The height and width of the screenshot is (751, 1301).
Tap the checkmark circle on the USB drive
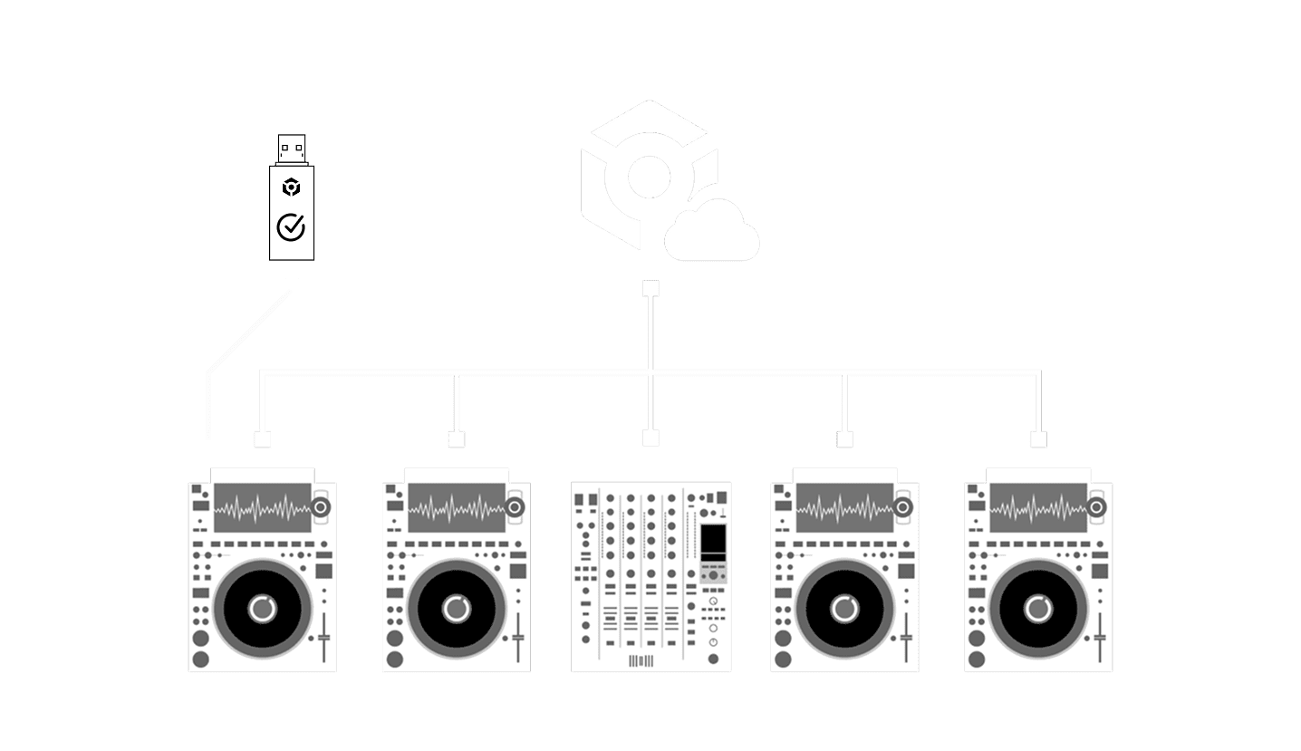[291, 226]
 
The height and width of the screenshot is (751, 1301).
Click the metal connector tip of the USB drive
[291, 148]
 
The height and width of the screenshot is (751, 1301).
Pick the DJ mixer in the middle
[650, 576]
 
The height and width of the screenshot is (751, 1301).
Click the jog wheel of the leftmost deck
[262, 608]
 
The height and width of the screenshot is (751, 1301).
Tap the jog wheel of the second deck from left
[456, 608]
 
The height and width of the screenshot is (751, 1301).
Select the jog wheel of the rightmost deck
[1037, 608]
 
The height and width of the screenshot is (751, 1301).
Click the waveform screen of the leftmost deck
[260, 508]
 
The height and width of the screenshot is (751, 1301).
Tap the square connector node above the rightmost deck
[1039, 439]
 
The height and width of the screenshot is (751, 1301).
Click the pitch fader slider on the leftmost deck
[324, 637]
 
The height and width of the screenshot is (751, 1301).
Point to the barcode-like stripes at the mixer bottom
[641, 660]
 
